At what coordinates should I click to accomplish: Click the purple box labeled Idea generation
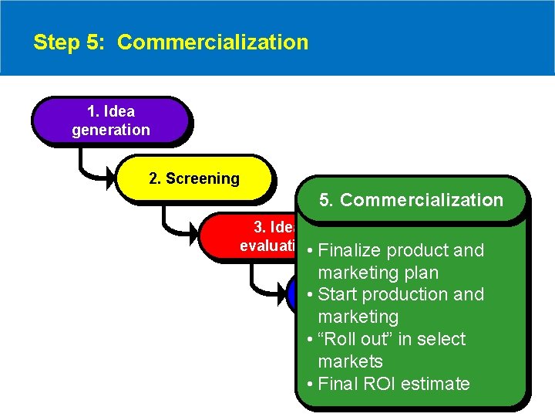click(x=110, y=120)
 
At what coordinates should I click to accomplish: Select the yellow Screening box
click(x=193, y=178)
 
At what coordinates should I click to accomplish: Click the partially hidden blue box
click(x=291, y=294)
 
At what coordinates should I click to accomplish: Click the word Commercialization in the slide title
click(x=213, y=42)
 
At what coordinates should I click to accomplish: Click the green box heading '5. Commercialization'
click(x=411, y=200)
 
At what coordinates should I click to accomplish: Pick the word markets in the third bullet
click(x=350, y=361)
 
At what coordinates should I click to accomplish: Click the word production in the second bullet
click(x=407, y=294)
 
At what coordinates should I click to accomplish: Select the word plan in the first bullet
click(x=421, y=273)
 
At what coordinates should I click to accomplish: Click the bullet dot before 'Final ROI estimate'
click(x=308, y=384)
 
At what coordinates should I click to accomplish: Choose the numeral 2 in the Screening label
click(x=153, y=178)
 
